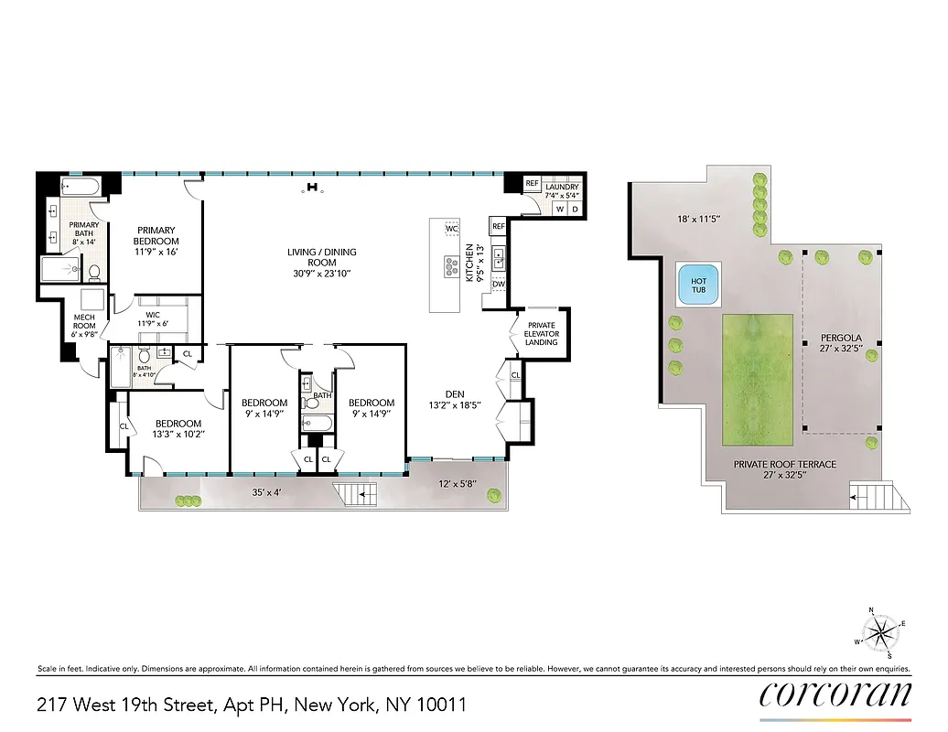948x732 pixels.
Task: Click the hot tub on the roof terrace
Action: (697, 285)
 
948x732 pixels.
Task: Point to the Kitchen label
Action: (470, 263)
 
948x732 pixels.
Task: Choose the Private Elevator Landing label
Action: (541, 333)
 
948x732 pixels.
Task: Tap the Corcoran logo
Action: (835, 694)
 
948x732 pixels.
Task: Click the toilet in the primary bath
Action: (93, 272)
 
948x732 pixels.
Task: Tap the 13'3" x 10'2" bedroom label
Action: (178, 428)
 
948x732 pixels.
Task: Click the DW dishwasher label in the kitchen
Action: (498, 285)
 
